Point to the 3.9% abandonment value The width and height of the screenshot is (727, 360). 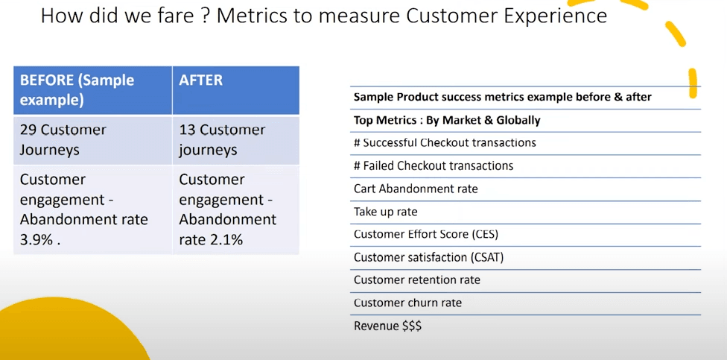(x=36, y=239)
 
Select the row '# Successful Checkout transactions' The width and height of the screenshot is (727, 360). (x=445, y=142)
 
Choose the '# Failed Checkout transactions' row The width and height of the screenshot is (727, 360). (x=433, y=165)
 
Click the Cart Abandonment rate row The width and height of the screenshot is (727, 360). (x=416, y=189)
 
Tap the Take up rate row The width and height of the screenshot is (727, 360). (x=385, y=212)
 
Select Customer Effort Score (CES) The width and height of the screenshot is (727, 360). (x=425, y=234)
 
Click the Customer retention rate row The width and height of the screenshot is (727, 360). (x=416, y=280)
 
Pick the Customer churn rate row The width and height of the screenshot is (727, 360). (x=407, y=303)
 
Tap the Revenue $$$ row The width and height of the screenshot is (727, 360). (x=387, y=326)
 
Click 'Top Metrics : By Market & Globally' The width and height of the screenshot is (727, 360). (x=447, y=120)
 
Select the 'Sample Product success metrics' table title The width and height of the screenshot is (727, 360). (x=502, y=97)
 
